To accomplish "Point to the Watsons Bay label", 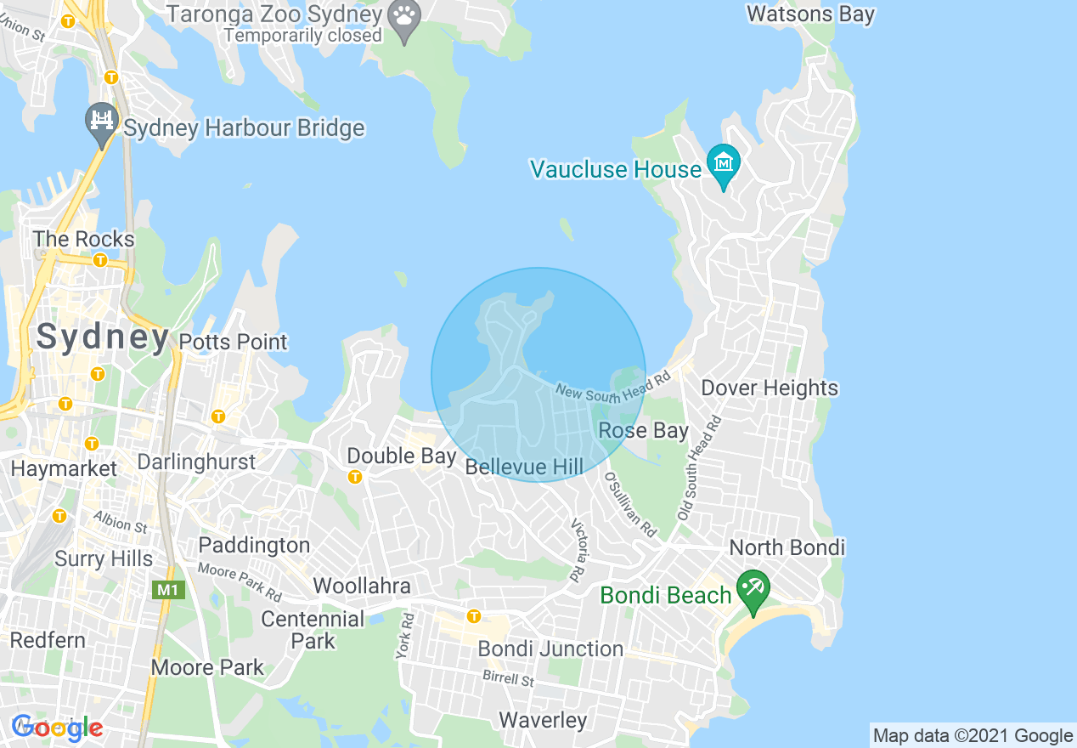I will (810, 14).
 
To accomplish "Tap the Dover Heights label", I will (770, 388).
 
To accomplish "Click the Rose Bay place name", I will (643, 430).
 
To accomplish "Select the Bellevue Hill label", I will (524, 466).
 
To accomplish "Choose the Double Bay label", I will (402, 456).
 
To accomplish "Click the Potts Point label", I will (234, 342).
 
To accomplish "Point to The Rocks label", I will (84, 239).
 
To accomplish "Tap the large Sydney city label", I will (103, 337).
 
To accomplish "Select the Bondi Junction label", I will (550, 649).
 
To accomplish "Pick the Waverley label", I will (543, 720).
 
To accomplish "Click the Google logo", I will (57, 728).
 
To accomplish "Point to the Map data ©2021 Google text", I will (973, 736).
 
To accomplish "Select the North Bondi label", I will (787, 547).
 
